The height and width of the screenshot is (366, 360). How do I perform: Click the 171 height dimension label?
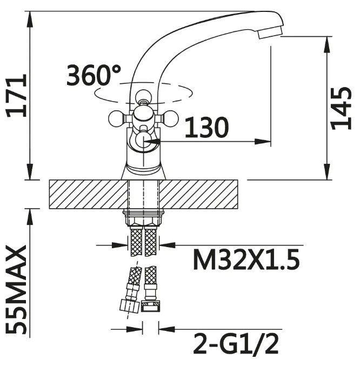(16, 96)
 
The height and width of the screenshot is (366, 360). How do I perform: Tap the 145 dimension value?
(341, 109)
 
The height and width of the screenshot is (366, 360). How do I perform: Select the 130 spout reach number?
(206, 128)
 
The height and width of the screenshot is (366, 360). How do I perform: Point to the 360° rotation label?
(94, 75)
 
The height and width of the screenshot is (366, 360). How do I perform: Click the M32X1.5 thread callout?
(246, 259)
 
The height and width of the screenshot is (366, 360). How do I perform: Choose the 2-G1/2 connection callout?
(236, 344)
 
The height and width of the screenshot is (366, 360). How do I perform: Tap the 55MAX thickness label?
(16, 289)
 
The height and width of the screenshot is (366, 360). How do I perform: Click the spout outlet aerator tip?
(270, 32)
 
